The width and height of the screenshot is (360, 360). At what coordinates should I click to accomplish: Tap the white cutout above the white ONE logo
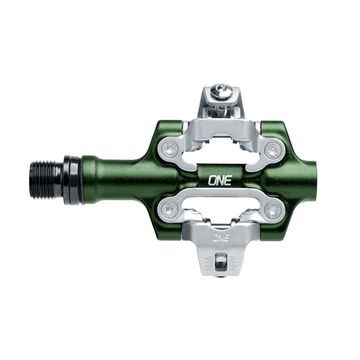point(222,152)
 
